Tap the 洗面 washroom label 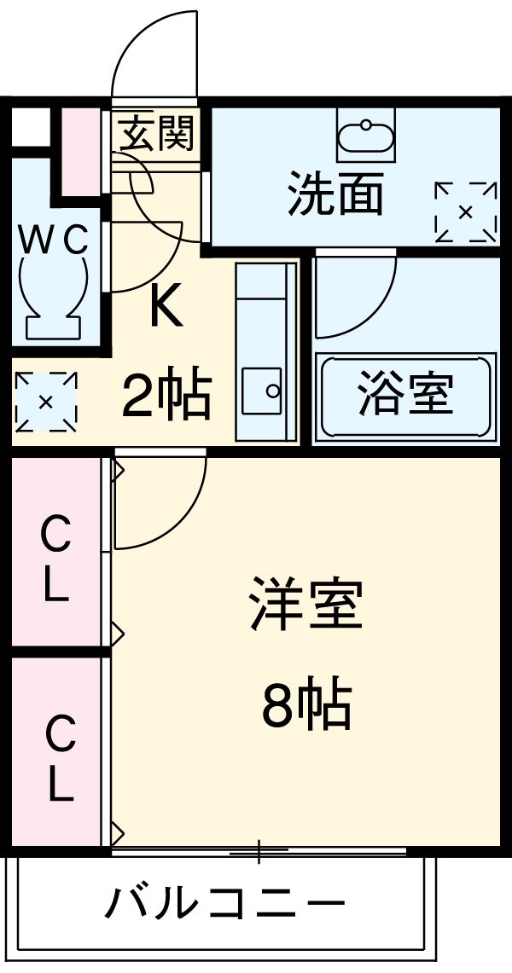click(335, 194)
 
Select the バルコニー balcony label click(225, 903)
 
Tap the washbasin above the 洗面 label click(365, 136)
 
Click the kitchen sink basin click(263, 391)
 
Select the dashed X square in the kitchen click(46, 401)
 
